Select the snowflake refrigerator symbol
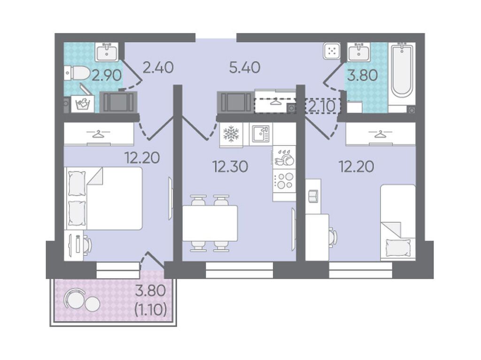tap(231, 134)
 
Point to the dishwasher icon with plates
tap(284, 157)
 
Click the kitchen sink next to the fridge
tap(261, 134)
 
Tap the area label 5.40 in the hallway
tap(244, 68)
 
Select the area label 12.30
tap(230, 167)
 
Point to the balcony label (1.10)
tap(151, 310)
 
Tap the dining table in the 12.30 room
tap(210, 223)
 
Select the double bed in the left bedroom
tap(103, 198)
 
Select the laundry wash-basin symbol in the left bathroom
tap(82, 104)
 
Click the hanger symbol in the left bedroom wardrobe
tap(98, 134)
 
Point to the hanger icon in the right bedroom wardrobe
tap(380, 134)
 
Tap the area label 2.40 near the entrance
tap(158, 68)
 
